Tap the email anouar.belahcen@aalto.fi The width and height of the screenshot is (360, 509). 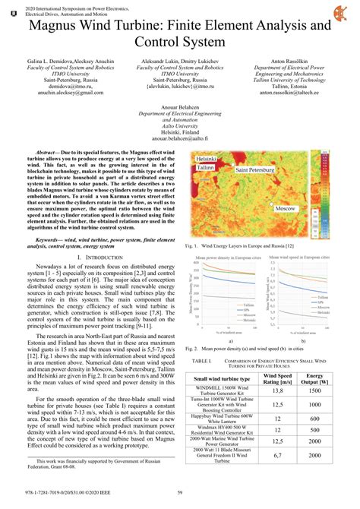point(179,139)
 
